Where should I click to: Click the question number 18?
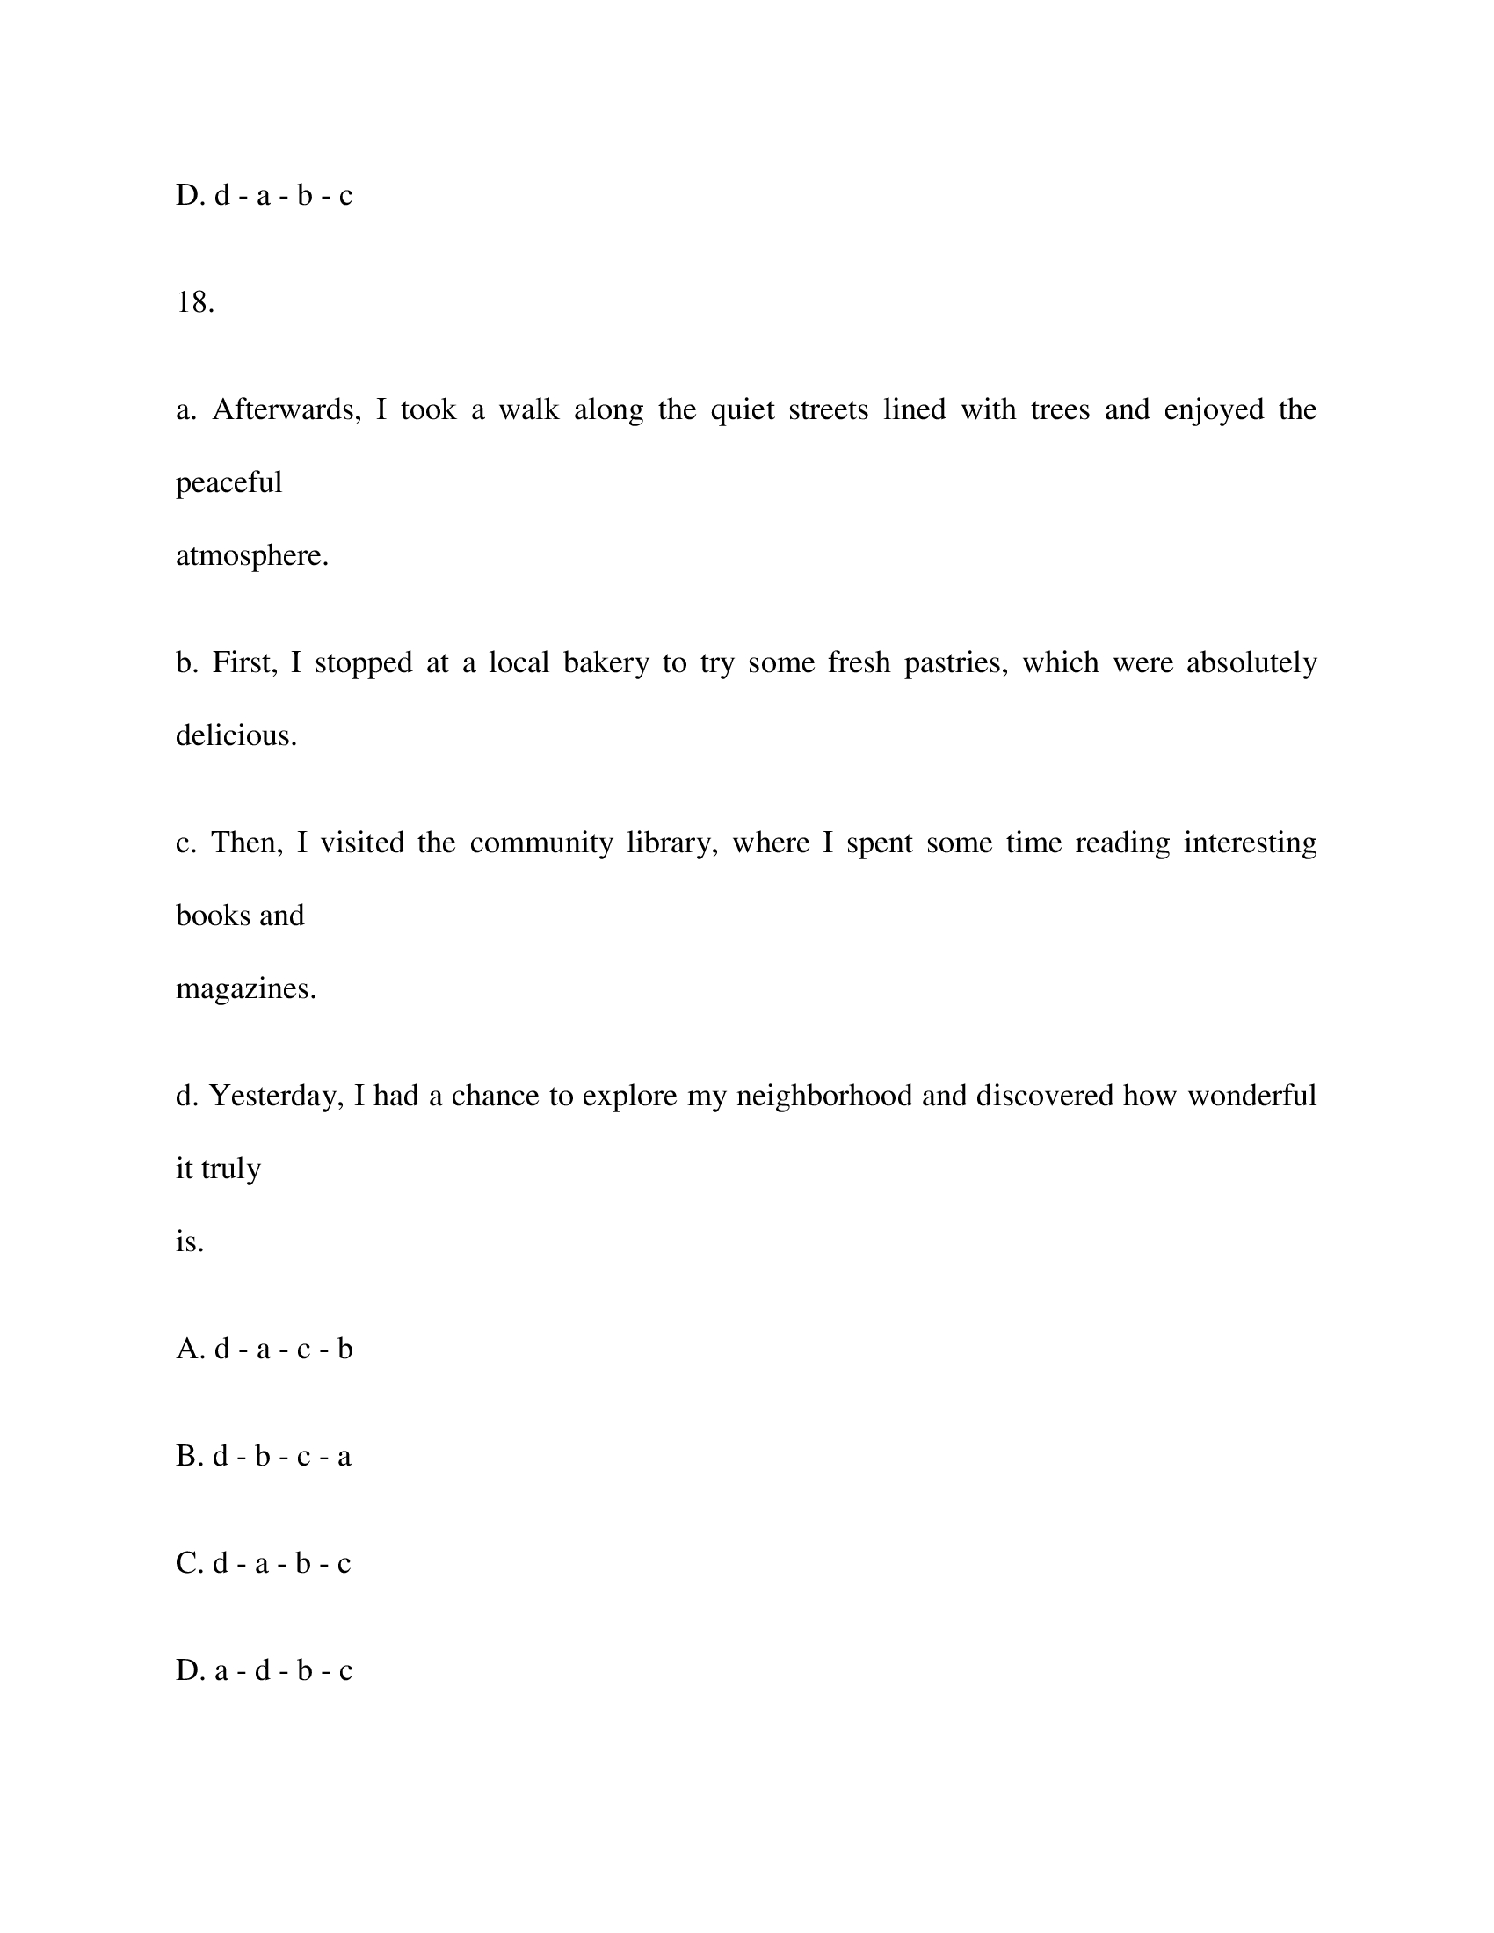coord(195,303)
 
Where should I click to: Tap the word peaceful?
coord(228,483)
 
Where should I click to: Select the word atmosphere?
coord(251,556)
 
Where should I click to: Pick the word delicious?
coord(236,735)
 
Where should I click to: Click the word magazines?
coord(245,988)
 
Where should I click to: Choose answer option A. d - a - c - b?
coord(264,1349)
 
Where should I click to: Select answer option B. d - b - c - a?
coord(263,1456)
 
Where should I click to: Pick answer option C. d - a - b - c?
coord(263,1563)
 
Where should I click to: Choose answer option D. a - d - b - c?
coord(264,1670)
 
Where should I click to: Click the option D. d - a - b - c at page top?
coord(264,196)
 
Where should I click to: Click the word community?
coord(540,843)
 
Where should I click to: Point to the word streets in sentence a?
coord(828,409)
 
